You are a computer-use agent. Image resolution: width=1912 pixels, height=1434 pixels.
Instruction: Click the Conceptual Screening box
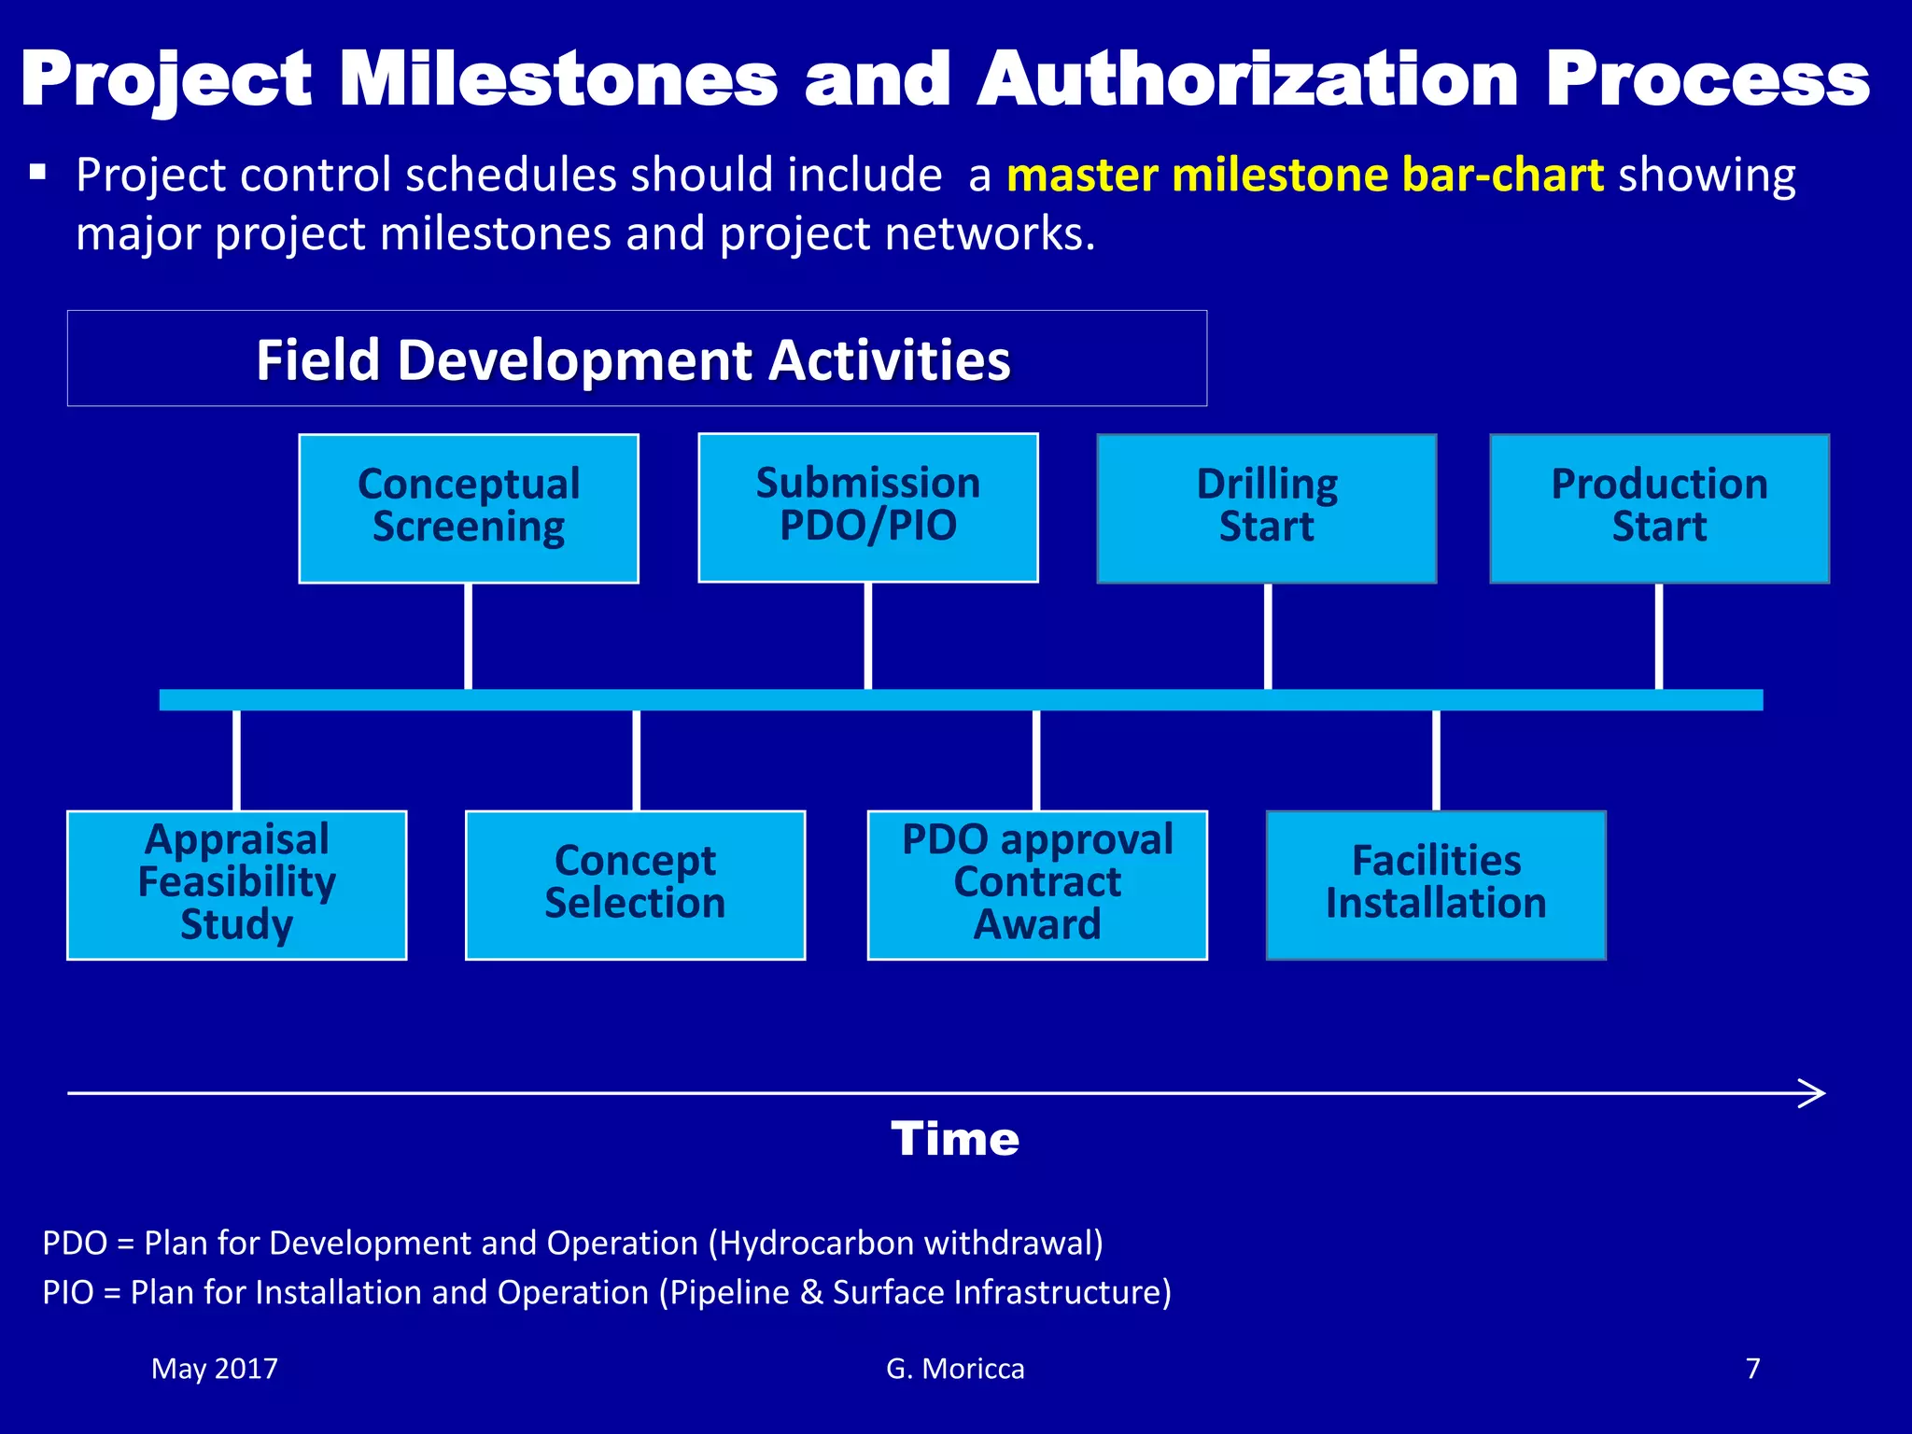point(469,508)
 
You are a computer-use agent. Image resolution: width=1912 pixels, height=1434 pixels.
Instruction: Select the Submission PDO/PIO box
point(868,507)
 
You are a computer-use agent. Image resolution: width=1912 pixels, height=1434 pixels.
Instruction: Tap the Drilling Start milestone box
point(1267,508)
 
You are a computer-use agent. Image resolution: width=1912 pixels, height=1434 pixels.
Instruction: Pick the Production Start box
point(1659,508)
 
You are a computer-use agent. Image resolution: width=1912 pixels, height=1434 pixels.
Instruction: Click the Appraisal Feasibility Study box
point(237,884)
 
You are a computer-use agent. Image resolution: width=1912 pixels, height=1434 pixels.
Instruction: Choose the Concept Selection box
point(635,884)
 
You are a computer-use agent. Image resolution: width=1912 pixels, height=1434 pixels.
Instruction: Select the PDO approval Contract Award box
point(1037,884)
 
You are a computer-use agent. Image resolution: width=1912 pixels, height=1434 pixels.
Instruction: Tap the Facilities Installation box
point(1436,884)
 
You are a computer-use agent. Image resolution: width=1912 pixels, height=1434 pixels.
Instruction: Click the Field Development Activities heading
point(634,360)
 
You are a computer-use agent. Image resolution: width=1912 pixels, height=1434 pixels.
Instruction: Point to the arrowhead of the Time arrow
point(1815,1093)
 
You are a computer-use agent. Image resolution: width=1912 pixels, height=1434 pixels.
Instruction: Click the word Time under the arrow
point(954,1139)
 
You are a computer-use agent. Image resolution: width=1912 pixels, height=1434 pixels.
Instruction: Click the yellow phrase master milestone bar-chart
point(1304,176)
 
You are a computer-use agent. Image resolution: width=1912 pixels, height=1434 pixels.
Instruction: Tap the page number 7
point(1752,1369)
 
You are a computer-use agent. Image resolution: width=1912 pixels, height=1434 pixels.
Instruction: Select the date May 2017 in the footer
point(215,1369)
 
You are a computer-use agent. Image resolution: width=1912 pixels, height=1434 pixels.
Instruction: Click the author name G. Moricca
point(954,1369)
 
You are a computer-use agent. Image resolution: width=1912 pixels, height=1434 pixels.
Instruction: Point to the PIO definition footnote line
point(607,1293)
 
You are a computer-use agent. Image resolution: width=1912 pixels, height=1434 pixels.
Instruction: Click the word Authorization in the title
point(1248,80)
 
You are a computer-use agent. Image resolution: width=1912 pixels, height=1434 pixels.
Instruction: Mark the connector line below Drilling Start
point(1267,637)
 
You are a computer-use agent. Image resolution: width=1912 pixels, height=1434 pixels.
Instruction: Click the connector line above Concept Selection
point(636,760)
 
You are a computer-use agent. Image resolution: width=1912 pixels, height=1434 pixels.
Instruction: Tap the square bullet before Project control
point(37,172)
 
